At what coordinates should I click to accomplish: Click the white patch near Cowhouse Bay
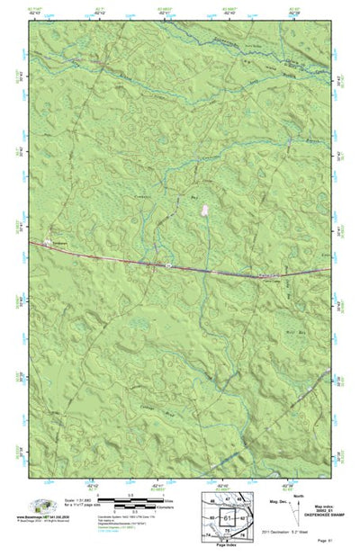click(206, 210)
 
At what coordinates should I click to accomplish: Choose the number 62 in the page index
click(244, 518)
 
